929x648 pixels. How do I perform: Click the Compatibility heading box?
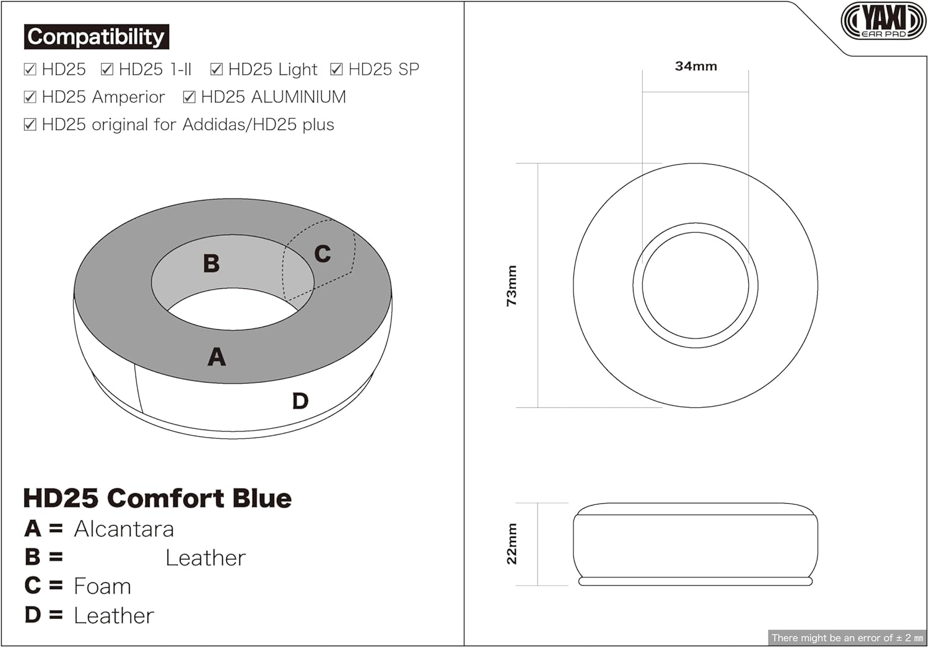point(96,37)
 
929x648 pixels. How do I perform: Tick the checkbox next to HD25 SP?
point(336,69)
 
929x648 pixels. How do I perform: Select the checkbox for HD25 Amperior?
point(30,97)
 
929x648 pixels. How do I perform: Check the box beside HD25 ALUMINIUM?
point(190,97)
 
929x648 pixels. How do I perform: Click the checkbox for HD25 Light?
point(216,69)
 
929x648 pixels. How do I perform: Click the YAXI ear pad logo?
point(883,21)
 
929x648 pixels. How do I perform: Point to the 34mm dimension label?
point(696,66)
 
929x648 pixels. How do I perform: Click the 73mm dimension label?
point(512,286)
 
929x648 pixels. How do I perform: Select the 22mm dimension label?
point(512,543)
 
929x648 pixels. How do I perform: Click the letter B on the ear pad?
point(211,264)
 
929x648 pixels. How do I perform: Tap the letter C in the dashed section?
point(322,254)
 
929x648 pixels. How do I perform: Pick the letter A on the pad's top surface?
point(216,357)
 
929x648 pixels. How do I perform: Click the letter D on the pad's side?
point(300,401)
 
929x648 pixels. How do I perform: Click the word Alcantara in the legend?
point(124,529)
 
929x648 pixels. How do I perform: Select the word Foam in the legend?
point(102,586)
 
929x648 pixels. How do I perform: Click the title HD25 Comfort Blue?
point(157,498)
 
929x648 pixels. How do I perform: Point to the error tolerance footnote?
point(847,637)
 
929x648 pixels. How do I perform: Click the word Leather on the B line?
point(206,558)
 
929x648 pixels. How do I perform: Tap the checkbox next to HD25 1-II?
point(107,69)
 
